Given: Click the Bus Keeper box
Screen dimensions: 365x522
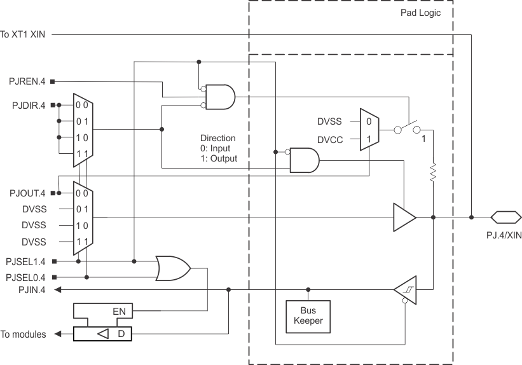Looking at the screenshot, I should point(308,315).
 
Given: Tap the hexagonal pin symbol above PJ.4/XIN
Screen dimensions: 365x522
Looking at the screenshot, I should point(502,217).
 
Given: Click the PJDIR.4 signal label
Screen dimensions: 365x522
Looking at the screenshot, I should point(27,105).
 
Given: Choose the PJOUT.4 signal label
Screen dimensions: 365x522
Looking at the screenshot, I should point(27,193).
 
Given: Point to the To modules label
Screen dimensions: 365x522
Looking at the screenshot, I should point(23,334).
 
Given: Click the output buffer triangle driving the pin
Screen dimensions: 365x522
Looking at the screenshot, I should point(404,217).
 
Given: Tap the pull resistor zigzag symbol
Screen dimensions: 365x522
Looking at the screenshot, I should point(432,172).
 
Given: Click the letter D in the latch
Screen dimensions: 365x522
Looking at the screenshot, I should point(120,334).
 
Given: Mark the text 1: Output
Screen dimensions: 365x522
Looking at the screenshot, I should point(219,158).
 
